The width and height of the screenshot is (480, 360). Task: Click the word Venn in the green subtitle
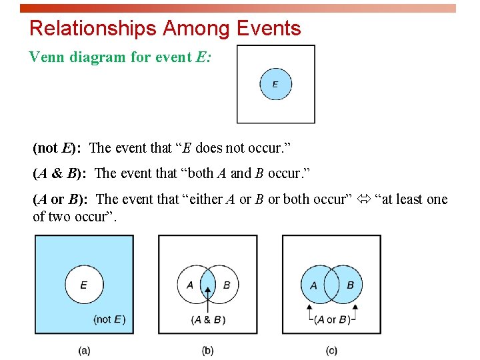click(x=47, y=57)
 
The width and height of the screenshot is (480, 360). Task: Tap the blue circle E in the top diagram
click(x=275, y=85)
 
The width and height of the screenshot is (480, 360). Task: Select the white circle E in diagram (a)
click(x=83, y=284)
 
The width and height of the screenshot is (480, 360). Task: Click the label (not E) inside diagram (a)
click(x=109, y=319)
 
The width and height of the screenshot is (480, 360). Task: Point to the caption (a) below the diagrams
click(x=84, y=350)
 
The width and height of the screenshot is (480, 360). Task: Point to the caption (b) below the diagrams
click(x=208, y=350)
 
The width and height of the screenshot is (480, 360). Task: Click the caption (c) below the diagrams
click(x=331, y=350)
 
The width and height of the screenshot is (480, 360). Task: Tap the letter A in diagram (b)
click(x=190, y=285)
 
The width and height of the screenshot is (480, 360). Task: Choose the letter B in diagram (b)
click(x=227, y=285)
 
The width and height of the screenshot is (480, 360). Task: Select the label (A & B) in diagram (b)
click(x=208, y=319)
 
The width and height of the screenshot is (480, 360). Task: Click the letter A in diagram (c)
click(x=313, y=285)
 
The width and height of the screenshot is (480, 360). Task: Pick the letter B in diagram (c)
click(x=350, y=285)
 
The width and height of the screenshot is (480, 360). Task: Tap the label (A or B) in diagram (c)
click(x=332, y=319)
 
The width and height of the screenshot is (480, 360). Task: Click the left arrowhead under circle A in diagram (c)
click(x=309, y=308)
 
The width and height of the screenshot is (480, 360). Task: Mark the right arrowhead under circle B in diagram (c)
click(x=355, y=308)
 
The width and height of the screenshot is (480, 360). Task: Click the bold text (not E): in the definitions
click(x=57, y=148)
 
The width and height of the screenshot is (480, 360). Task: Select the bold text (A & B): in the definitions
click(x=61, y=173)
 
